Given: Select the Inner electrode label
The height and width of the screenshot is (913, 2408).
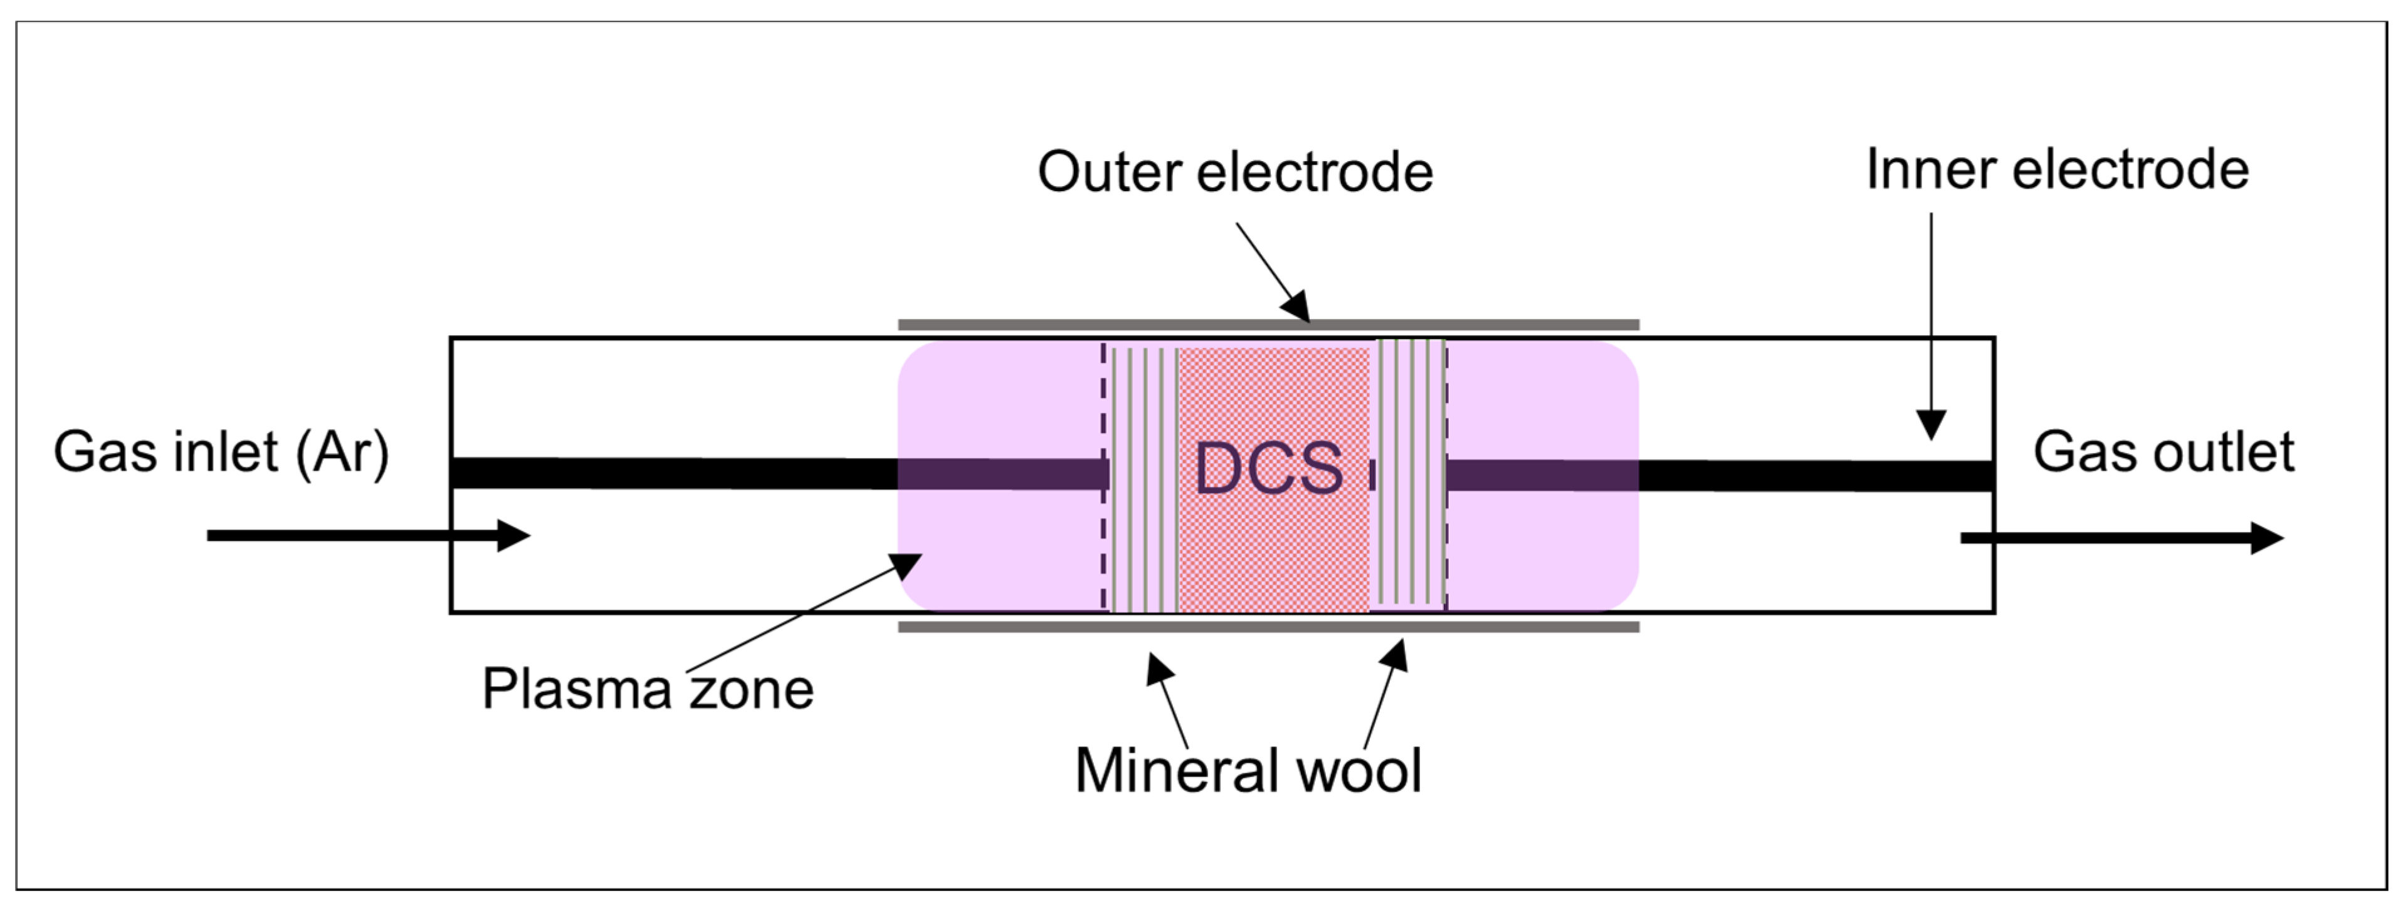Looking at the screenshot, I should [x=2056, y=169].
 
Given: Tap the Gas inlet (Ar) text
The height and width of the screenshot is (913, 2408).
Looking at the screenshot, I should [x=221, y=452].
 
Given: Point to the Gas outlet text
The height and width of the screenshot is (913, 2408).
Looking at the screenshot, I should [x=2163, y=452].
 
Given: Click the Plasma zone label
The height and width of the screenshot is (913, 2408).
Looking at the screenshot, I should [x=647, y=690].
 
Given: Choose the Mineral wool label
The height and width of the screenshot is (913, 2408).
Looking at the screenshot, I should [x=1248, y=771].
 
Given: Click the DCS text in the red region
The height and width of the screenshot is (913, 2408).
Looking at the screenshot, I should [x=1268, y=468].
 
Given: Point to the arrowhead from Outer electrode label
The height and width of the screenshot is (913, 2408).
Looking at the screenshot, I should [x=1296, y=306].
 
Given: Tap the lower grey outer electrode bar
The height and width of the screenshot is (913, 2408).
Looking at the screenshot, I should [x=1268, y=627].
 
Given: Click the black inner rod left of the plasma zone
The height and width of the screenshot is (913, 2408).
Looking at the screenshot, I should [x=673, y=474].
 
